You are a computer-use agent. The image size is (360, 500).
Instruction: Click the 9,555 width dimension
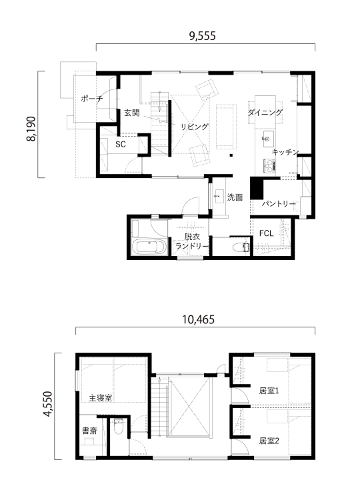(203, 36)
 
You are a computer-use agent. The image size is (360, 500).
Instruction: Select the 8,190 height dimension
(31, 129)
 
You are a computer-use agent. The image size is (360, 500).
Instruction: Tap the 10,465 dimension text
(199, 319)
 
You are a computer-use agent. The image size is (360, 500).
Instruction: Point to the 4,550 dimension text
(47, 404)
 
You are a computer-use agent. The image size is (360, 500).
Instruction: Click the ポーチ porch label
(92, 98)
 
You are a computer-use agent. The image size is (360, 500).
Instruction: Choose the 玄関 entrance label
(132, 113)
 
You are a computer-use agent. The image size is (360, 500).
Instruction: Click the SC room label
(121, 144)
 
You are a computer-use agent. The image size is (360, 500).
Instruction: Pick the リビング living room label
(194, 127)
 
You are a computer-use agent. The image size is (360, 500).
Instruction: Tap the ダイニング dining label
(265, 112)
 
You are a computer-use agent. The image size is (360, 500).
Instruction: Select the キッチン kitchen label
(285, 152)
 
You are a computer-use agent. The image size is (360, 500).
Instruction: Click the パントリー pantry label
(279, 203)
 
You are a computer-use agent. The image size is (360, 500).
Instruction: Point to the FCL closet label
(266, 233)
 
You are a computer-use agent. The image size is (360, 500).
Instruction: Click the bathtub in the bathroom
(149, 247)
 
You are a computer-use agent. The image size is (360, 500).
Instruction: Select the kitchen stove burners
(269, 165)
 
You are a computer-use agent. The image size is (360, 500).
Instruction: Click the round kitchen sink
(267, 139)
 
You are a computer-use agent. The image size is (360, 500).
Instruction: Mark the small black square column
(231, 155)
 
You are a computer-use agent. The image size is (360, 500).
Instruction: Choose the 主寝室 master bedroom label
(101, 397)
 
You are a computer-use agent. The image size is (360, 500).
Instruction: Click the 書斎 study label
(89, 431)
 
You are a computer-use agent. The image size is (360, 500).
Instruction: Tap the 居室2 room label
(269, 441)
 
